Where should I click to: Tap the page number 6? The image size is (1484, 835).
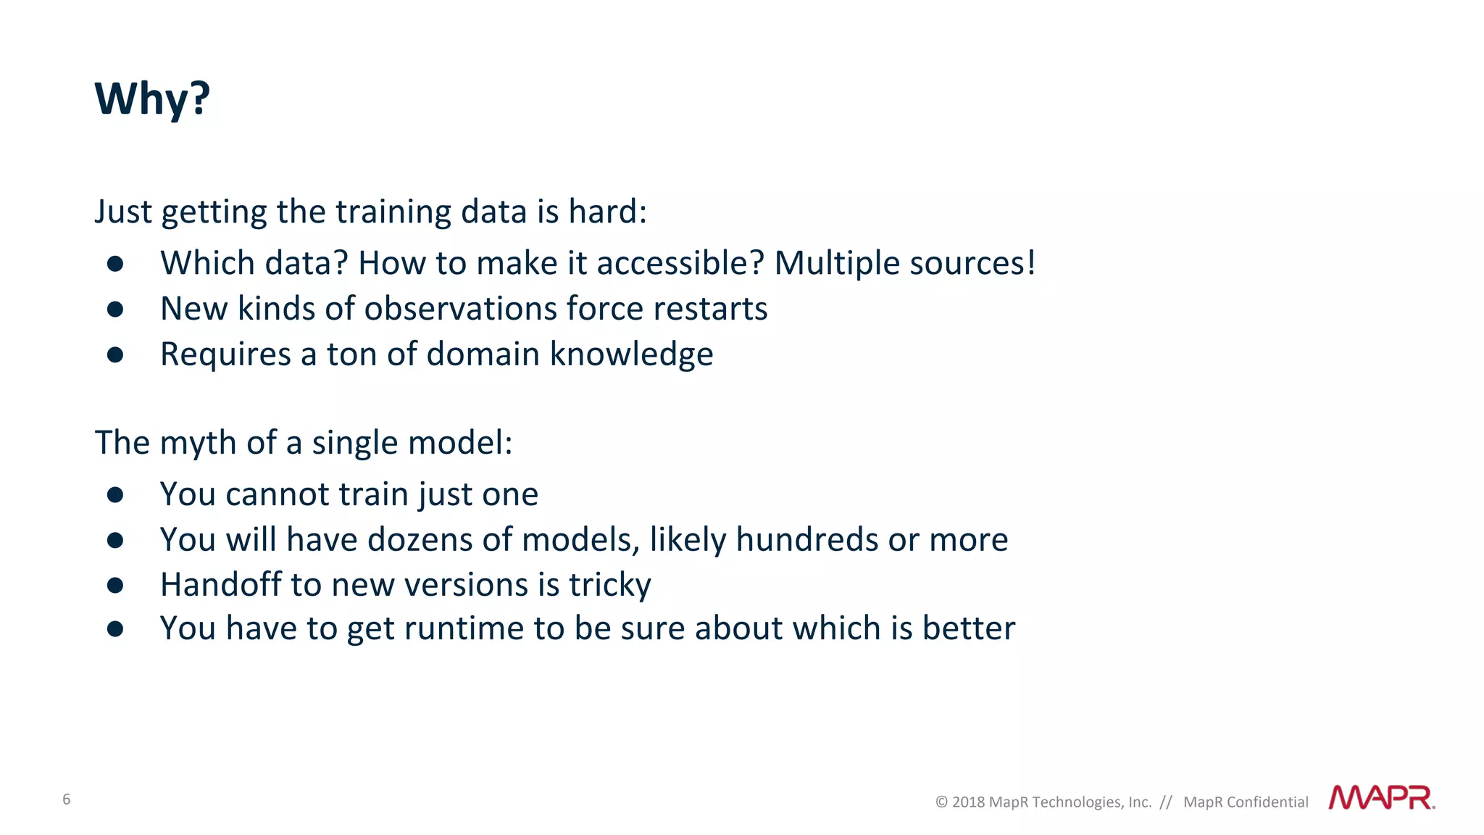(67, 799)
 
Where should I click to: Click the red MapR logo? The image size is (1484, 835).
(1381, 797)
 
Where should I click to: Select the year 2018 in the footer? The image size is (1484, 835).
(968, 802)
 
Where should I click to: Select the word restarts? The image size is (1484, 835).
(709, 309)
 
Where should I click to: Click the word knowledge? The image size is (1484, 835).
(631, 354)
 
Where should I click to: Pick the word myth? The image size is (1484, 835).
(198, 443)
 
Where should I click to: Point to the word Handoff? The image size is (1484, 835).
(220, 584)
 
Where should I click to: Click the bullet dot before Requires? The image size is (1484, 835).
(115, 354)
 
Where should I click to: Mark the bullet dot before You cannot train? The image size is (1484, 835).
(115, 494)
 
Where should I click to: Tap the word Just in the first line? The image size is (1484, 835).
(123, 212)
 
